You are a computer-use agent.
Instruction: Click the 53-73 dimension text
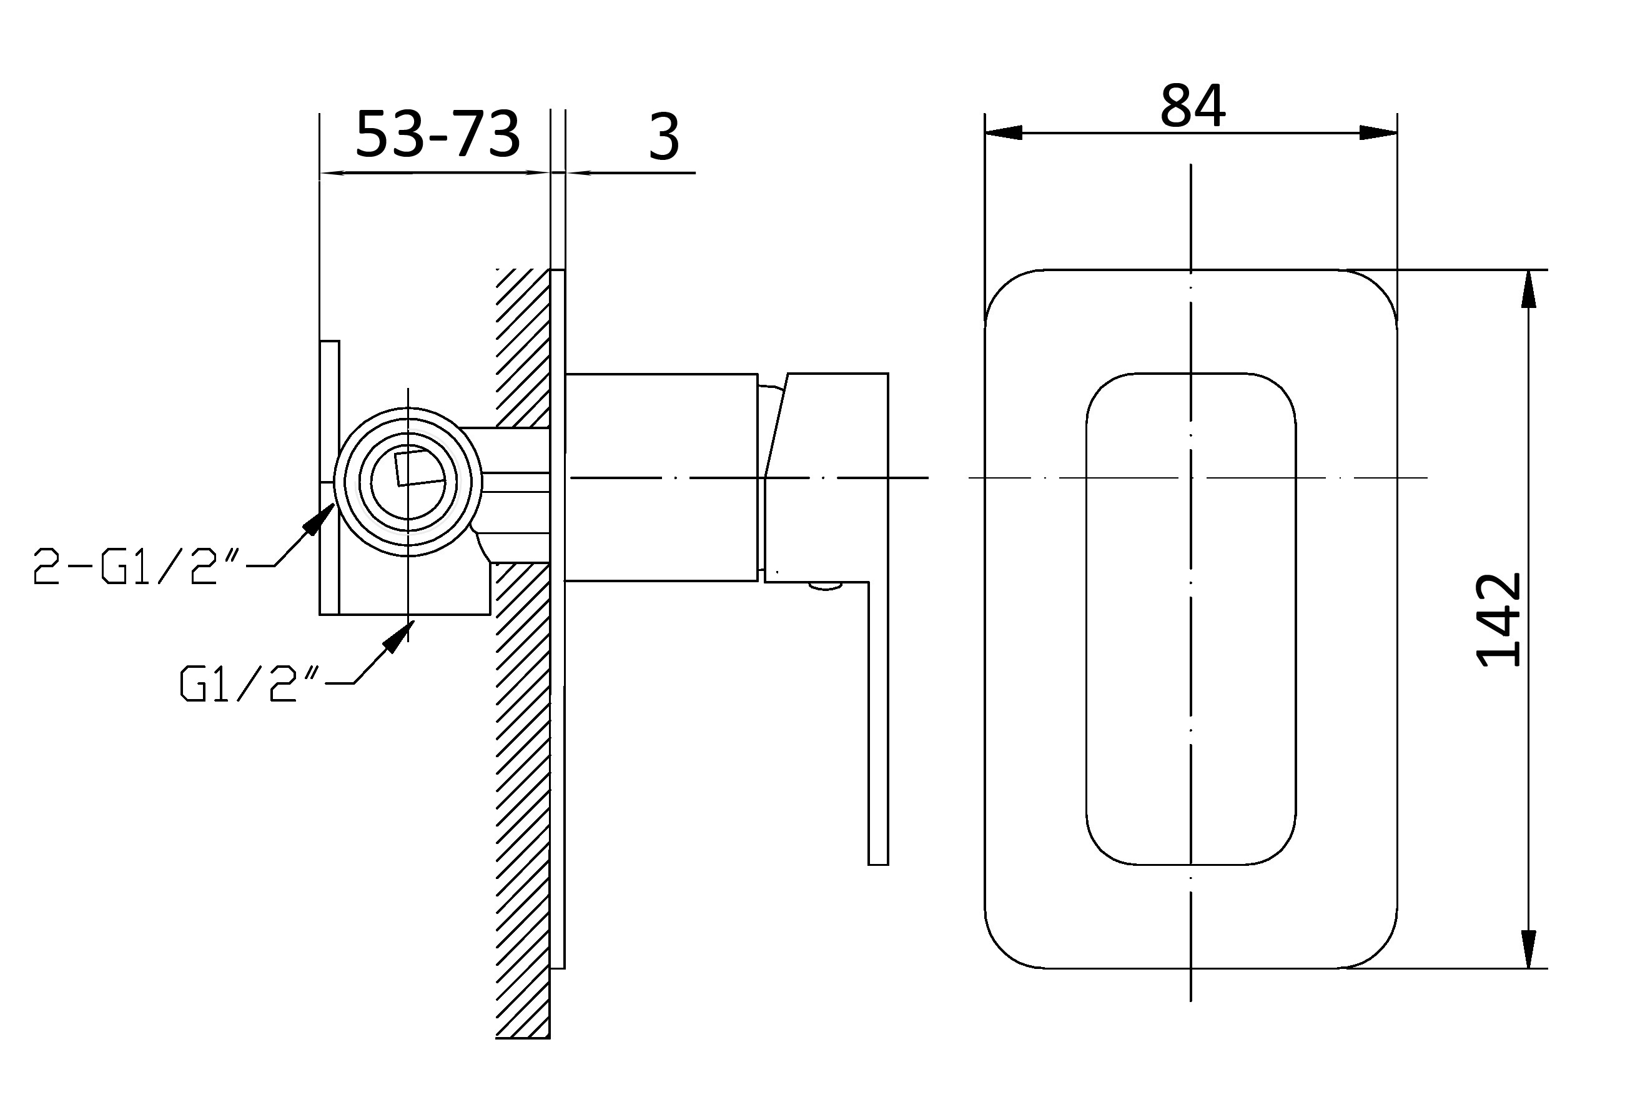(x=438, y=133)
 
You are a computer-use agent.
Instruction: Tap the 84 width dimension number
(x=1192, y=107)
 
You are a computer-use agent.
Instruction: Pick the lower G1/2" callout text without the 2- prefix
(x=250, y=683)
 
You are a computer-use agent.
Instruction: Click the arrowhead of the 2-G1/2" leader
(x=320, y=518)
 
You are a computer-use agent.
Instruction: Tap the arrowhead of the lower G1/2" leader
(x=398, y=635)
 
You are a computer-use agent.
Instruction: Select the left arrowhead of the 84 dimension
(x=1003, y=132)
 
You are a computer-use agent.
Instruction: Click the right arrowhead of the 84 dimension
(x=1378, y=132)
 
